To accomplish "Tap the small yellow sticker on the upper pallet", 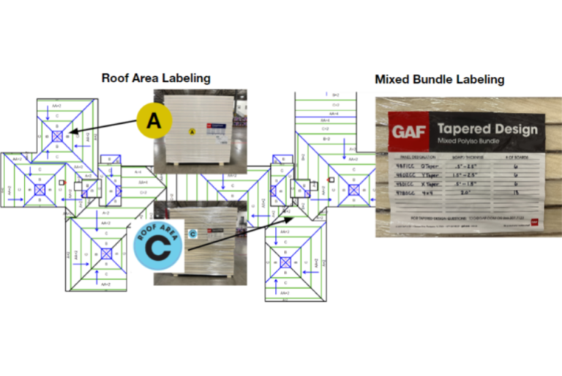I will coord(192,132).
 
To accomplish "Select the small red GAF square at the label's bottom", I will coord(533,221).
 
